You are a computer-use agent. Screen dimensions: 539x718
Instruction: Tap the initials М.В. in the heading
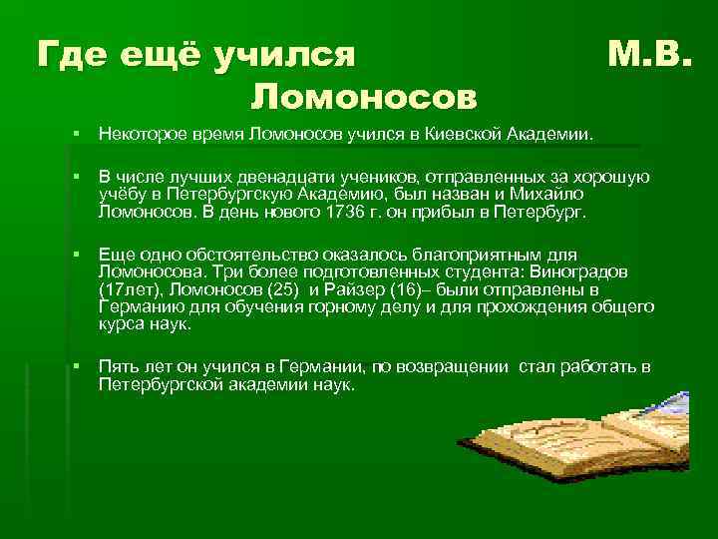click(x=648, y=55)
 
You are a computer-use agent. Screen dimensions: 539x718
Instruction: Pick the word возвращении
click(x=454, y=367)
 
